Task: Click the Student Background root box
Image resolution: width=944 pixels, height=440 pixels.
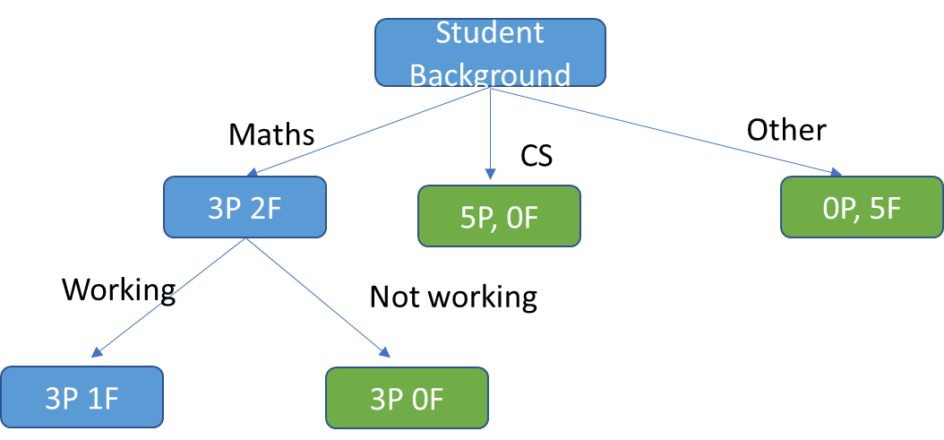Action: pyautogui.click(x=490, y=53)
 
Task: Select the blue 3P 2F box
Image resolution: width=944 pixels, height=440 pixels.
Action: pyautogui.click(x=245, y=207)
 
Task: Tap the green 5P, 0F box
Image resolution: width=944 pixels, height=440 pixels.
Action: pyautogui.click(x=499, y=216)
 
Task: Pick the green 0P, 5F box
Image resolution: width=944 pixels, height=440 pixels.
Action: pyautogui.click(x=862, y=207)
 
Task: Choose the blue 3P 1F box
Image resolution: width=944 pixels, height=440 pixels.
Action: pyautogui.click(x=82, y=397)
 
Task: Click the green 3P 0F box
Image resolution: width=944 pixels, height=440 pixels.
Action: pyautogui.click(x=407, y=397)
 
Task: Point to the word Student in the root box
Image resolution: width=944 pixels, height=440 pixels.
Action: pyautogui.click(x=490, y=33)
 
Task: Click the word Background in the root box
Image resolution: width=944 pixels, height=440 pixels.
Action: pyautogui.click(x=490, y=73)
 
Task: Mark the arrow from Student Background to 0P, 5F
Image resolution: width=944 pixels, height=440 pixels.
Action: pyautogui.click(x=663, y=130)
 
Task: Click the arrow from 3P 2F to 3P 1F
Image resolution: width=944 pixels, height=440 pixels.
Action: pyautogui.click(x=170, y=297)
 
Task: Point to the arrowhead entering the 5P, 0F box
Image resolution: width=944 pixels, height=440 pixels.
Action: pyautogui.click(x=490, y=173)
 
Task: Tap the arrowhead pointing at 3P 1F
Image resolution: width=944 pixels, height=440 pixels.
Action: pyautogui.click(x=97, y=352)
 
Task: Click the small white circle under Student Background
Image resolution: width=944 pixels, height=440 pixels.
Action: pyautogui.click(x=481, y=87)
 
